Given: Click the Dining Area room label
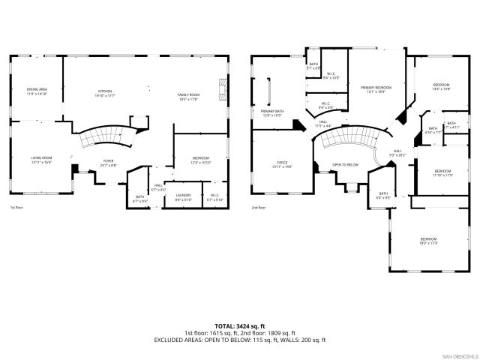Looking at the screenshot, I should click(37, 91).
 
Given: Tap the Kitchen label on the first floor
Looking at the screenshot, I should click(104, 93).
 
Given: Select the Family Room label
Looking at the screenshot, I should click(187, 95).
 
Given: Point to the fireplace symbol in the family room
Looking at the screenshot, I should click(220, 89).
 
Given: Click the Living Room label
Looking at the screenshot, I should click(41, 159).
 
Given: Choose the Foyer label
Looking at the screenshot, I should click(108, 163).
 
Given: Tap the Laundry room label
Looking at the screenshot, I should click(184, 197).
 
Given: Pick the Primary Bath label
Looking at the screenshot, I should click(272, 113).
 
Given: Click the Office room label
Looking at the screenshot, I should click(281, 163).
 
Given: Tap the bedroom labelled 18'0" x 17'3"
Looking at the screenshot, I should click(428, 241).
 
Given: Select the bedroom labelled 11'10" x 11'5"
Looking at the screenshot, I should click(442, 173).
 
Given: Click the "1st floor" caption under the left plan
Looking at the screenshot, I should click(17, 208).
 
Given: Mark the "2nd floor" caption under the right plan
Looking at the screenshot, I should click(259, 208).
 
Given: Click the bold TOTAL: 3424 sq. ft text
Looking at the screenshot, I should click(240, 325).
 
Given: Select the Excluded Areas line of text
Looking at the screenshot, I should click(240, 340).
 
